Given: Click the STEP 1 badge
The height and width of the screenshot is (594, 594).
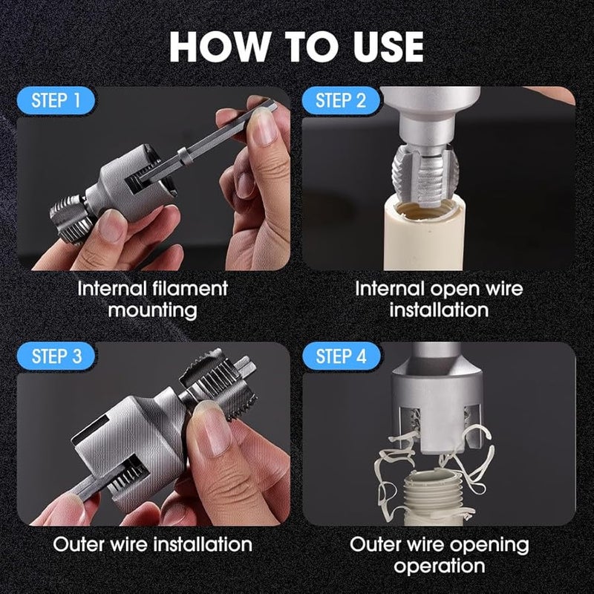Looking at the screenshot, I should pos(56,100).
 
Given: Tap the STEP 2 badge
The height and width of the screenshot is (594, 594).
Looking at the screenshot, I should pos(341,100).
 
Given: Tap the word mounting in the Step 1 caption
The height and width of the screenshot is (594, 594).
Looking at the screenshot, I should pos(152,310).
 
